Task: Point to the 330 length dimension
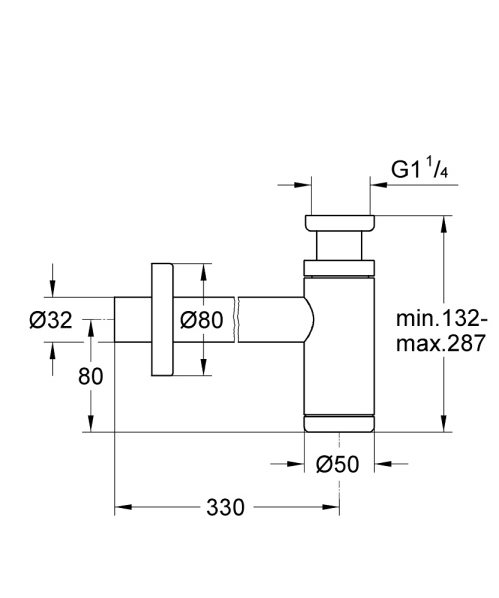point(226,508)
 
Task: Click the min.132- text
point(440,320)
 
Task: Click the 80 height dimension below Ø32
point(62,377)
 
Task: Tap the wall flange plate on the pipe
point(162,320)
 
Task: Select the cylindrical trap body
point(339,339)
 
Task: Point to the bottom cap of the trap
point(339,422)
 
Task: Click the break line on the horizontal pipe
point(236,320)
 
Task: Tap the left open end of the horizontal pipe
point(115,320)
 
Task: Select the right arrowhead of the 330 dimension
point(334,508)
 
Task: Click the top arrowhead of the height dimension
point(442,220)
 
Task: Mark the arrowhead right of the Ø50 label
point(382,463)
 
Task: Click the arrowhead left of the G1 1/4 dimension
point(299,184)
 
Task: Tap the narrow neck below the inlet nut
point(339,246)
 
